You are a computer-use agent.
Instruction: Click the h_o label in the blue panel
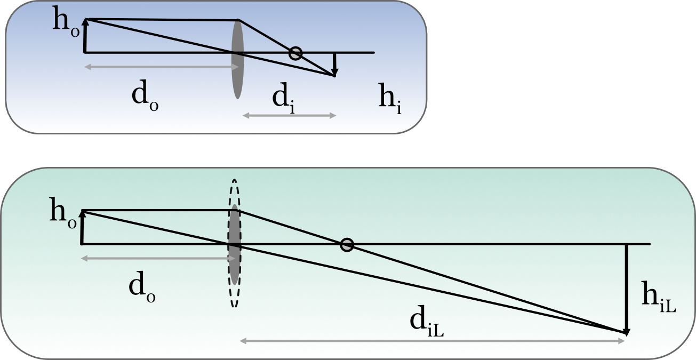67,22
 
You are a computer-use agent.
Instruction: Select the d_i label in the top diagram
283,98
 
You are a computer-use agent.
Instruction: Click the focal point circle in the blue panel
295,53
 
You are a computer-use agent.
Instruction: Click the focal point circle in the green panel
347,245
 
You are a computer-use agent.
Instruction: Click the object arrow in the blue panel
85,36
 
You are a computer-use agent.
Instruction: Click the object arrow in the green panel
82,228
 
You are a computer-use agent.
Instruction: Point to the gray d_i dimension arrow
289,115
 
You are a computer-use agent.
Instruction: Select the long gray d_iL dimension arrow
432,340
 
